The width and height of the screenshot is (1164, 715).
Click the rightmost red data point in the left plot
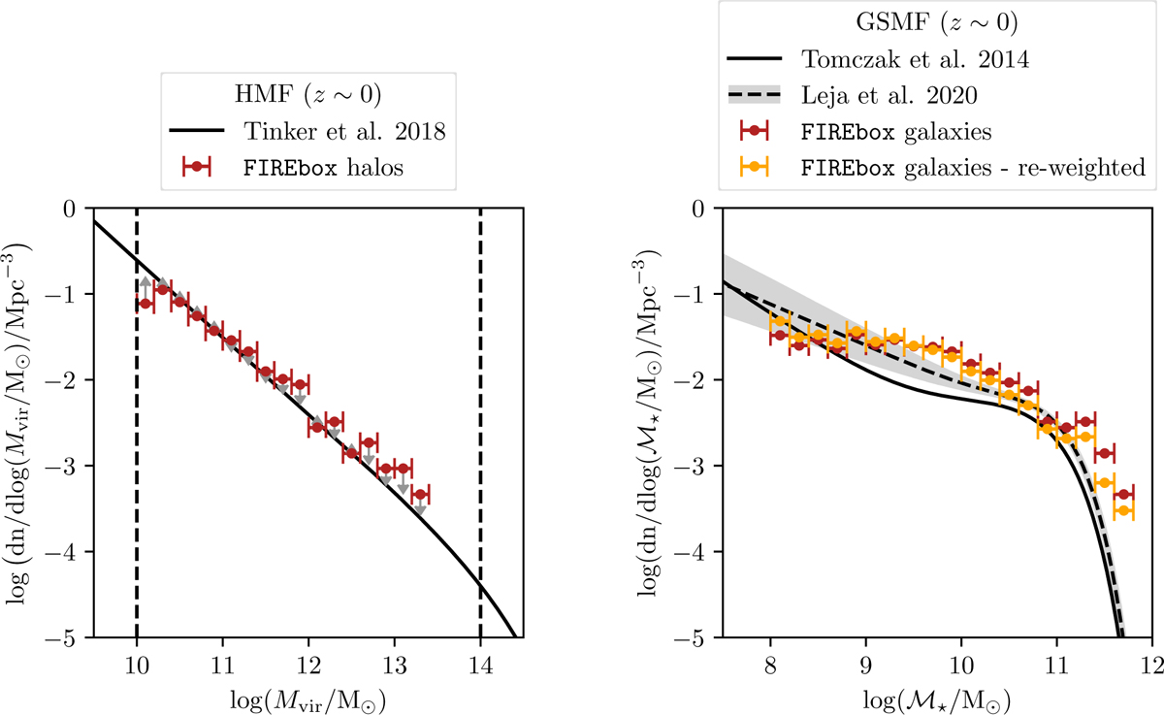420,495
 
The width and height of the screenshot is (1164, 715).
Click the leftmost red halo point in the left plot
145,303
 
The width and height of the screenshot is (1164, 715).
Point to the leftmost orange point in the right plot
779,321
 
